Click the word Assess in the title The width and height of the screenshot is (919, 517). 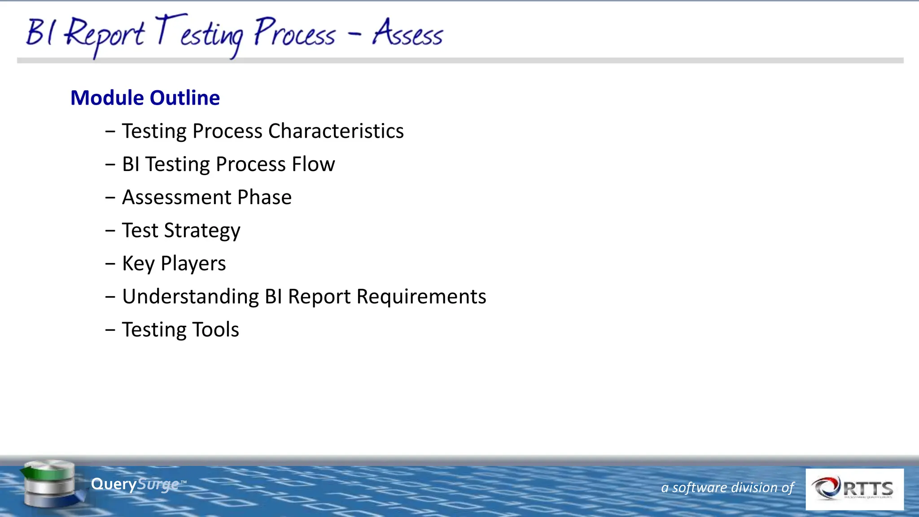pos(407,34)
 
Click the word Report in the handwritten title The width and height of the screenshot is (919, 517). pos(105,35)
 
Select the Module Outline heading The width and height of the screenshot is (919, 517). pos(145,98)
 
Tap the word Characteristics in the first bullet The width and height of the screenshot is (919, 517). pos(336,131)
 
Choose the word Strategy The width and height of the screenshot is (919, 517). pos(202,231)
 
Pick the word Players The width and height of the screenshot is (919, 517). pos(193,264)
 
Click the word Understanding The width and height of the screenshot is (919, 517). pos(190,297)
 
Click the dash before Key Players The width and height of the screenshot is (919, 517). pos(110,264)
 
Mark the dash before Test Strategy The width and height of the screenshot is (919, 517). pos(110,231)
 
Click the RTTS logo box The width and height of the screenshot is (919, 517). pos(854,489)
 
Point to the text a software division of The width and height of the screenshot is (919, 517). pos(727,487)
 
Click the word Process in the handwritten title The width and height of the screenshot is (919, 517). pos(294,34)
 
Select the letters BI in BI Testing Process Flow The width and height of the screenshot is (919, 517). pos(131,164)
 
